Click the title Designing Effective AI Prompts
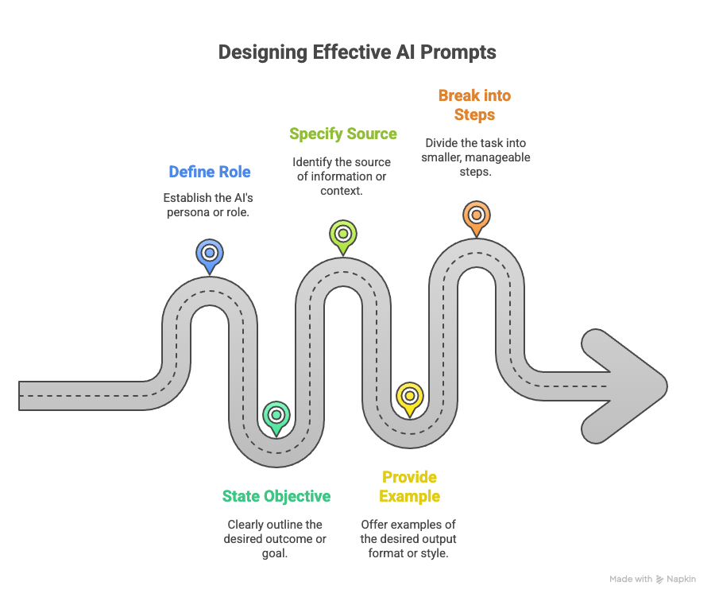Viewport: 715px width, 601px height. [x=357, y=52]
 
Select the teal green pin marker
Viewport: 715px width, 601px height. [x=276, y=416]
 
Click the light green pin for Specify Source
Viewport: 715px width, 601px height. [x=342, y=235]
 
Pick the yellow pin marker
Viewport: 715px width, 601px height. [x=409, y=397]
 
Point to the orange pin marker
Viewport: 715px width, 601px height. [x=476, y=215]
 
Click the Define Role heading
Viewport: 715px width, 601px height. [x=210, y=172]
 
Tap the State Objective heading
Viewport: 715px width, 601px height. [x=276, y=496]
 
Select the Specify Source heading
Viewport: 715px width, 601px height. [x=342, y=134]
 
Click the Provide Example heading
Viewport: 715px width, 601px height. [x=409, y=487]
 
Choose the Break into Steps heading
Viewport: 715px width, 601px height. [x=475, y=105]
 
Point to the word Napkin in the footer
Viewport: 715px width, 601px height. [x=682, y=580]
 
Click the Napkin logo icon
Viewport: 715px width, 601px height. [x=659, y=580]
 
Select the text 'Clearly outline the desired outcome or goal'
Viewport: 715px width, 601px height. [x=276, y=539]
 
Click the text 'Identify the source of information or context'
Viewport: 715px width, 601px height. [x=342, y=176]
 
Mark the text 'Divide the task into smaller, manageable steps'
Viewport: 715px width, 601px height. [x=476, y=157]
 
